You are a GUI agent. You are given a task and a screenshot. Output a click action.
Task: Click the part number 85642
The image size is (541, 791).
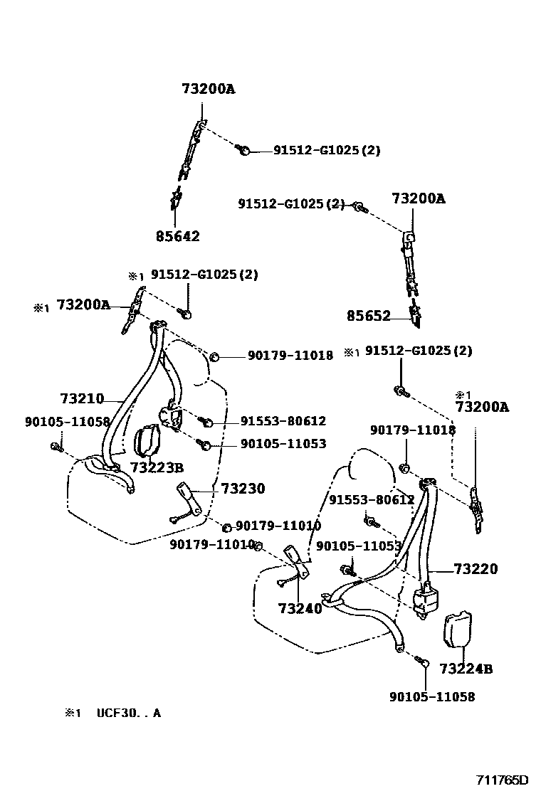click(177, 236)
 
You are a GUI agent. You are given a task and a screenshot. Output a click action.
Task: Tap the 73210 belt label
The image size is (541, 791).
click(82, 398)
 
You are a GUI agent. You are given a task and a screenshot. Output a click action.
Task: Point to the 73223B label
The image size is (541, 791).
click(157, 467)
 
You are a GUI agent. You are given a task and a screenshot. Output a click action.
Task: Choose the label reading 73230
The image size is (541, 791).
click(243, 489)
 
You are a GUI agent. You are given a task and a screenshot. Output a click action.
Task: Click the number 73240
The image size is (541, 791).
click(300, 609)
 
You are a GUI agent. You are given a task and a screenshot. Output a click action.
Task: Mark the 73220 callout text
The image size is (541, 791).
click(476, 569)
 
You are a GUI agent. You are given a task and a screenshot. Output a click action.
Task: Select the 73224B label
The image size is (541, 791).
click(466, 669)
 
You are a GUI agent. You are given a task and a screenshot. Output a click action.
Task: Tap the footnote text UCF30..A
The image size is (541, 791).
click(129, 712)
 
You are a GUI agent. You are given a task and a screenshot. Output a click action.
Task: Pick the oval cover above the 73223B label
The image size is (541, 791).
click(148, 441)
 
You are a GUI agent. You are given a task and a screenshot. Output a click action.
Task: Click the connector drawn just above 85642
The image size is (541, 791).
click(174, 200)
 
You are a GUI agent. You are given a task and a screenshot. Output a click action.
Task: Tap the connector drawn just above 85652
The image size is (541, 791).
click(415, 311)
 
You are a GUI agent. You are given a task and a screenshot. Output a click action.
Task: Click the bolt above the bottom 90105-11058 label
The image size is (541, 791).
click(424, 662)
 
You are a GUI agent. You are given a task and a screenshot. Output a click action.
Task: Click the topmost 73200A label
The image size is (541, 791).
click(208, 89)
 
